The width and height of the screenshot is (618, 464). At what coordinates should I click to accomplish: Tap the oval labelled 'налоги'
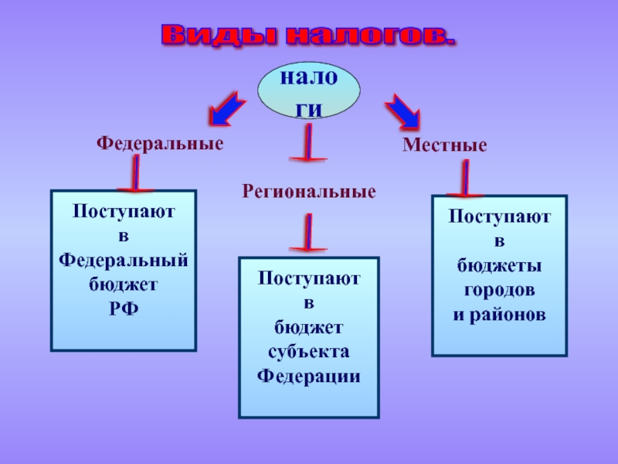pyautogui.click(x=308, y=92)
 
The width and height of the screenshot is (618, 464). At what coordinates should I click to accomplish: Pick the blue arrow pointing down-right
pyautogui.click(x=402, y=111)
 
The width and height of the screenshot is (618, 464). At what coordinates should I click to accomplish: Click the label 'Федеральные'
pyautogui.click(x=160, y=144)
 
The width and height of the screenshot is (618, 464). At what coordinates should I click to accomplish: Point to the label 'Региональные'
pyautogui.click(x=310, y=190)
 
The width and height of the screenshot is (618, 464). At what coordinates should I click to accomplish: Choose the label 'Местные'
pyautogui.click(x=444, y=145)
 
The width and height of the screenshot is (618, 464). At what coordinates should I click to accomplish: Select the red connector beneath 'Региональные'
pyautogui.click(x=308, y=234)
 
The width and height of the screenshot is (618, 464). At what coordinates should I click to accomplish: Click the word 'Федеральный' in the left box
pyautogui.click(x=124, y=259)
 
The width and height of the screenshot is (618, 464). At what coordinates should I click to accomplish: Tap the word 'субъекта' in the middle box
pyautogui.click(x=309, y=352)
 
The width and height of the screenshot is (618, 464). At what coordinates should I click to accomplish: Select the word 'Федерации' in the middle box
pyautogui.click(x=309, y=377)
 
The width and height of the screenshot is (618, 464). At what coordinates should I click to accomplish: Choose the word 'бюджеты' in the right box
pyautogui.click(x=499, y=266)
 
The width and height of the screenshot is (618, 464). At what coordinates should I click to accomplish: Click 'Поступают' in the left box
pyautogui.click(x=124, y=210)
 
